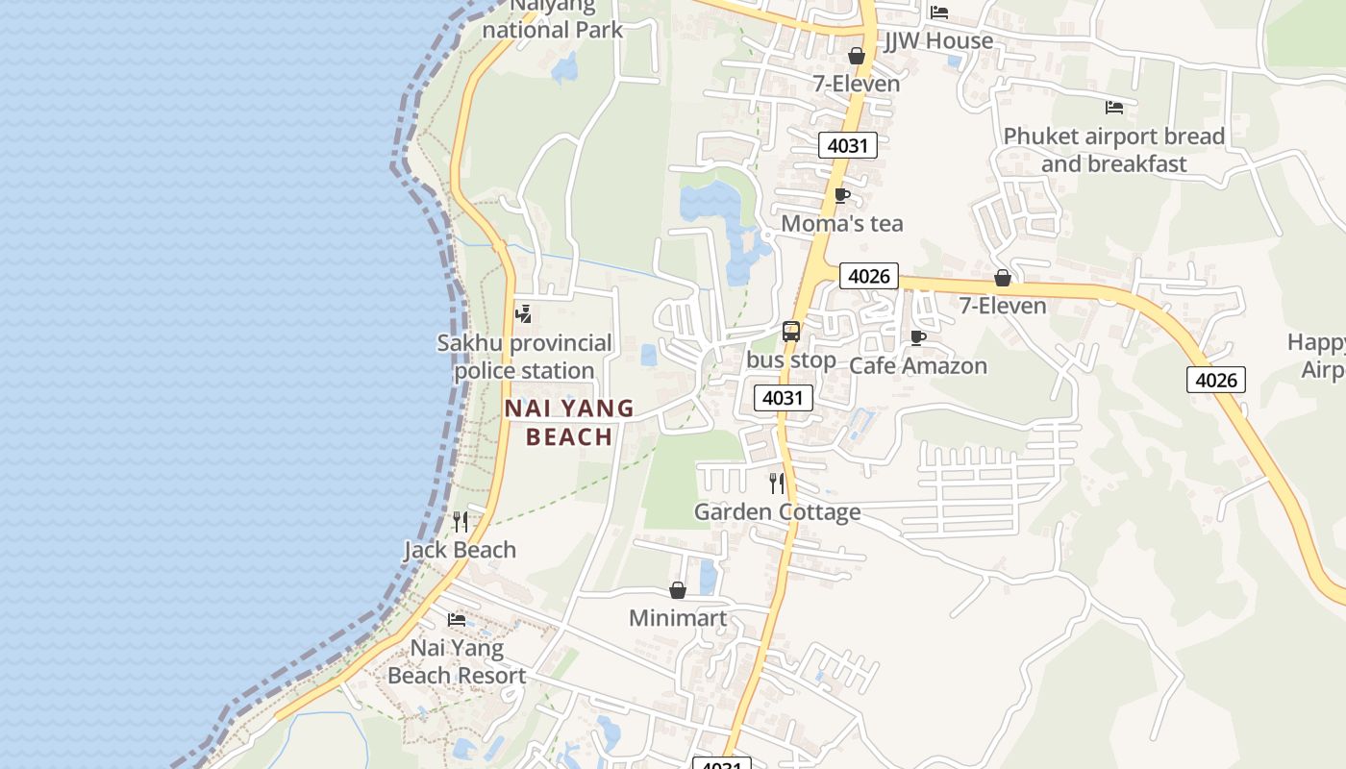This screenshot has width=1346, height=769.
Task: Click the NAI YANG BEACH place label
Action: coord(569,422)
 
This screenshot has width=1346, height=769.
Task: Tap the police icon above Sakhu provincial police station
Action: coord(524,313)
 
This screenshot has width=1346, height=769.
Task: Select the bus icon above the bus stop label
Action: coord(791,332)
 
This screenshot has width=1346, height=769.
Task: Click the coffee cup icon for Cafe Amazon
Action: coord(918,337)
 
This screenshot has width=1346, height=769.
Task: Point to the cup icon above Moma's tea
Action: coord(842,196)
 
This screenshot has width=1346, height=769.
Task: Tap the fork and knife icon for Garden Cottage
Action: coord(777,483)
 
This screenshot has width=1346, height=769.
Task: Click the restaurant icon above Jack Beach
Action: coord(461,522)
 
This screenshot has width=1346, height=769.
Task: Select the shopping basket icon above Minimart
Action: coord(678,590)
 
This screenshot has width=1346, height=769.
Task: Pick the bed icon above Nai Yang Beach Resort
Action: coord(457,620)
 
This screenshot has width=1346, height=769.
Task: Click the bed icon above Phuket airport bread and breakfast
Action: coord(1114,107)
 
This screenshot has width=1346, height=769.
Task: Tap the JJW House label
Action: coord(938,40)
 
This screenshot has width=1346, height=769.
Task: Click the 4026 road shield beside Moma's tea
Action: coord(868,277)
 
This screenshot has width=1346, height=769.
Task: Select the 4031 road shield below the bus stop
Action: coord(783,398)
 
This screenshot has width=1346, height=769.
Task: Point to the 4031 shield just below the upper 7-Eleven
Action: coord(847,146)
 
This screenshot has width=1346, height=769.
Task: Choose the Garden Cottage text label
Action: coord(777,511)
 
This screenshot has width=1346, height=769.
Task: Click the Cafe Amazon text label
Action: coord(918,365)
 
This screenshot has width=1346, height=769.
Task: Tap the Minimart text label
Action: coord(678,618)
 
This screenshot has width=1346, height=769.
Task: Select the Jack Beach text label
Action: coord(460,550)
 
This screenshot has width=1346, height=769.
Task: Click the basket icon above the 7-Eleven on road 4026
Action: coord(1003,278)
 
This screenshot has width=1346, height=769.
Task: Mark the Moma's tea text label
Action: coord(842,224)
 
